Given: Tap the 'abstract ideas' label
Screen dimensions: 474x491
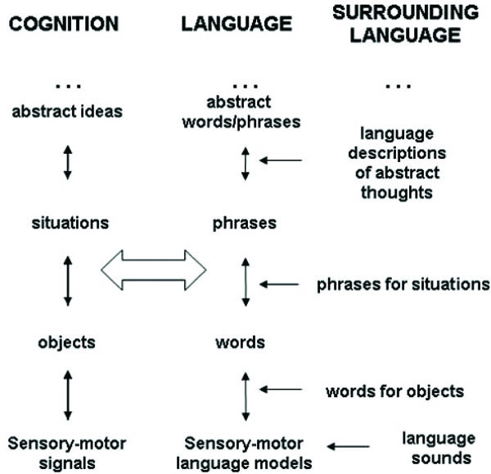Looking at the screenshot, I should click(x=68, y=111).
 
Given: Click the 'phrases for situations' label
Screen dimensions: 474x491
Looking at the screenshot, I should click(x=403, y=284).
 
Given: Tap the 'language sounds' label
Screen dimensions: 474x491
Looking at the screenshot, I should click(x=438, y=447).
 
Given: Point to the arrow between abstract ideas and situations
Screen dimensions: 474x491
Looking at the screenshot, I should click(x=68, y=162).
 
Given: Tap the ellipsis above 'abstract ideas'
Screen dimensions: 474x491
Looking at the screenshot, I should click(x=68, y=85).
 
